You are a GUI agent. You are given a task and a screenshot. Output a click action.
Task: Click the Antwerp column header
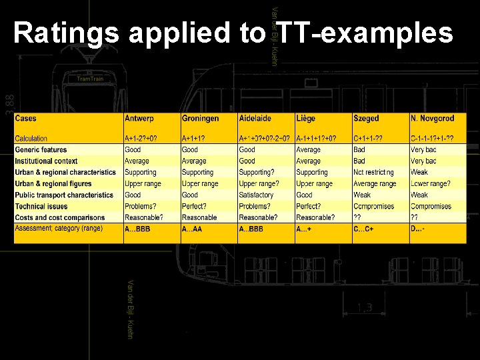coord(139,119)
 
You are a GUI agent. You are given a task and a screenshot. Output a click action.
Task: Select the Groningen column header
coord(200,119)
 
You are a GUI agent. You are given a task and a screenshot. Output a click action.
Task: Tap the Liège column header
coord(306,119)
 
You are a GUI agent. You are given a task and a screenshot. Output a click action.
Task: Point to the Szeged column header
coord(366,119)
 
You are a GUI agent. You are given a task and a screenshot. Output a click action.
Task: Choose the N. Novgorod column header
coord(432,119)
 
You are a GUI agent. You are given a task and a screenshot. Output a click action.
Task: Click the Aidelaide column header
coord(255,119)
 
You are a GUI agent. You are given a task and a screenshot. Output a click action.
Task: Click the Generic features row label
coord(41,150)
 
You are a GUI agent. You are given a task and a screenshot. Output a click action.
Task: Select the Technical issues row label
coord(41,207)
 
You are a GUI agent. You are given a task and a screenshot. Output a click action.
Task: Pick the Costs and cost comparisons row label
coord(60,218)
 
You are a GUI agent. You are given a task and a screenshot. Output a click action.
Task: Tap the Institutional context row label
coord(47,161)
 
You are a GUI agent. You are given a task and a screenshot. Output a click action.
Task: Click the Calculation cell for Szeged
coord(368,139)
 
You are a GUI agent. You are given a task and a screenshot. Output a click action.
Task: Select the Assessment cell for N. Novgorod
coord(419,229)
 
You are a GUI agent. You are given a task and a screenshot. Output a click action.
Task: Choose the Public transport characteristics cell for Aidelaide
coord(257,195)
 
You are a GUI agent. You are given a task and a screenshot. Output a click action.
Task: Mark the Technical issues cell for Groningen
coord(194,207)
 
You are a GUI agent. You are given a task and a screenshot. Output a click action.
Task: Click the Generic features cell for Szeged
coord(359,150)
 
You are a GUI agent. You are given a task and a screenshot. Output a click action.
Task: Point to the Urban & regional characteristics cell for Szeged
coord(373,173)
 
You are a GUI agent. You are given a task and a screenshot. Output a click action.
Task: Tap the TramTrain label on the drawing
coord(90,79)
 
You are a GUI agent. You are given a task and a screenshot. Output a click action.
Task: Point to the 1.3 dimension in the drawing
coord(365,307)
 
